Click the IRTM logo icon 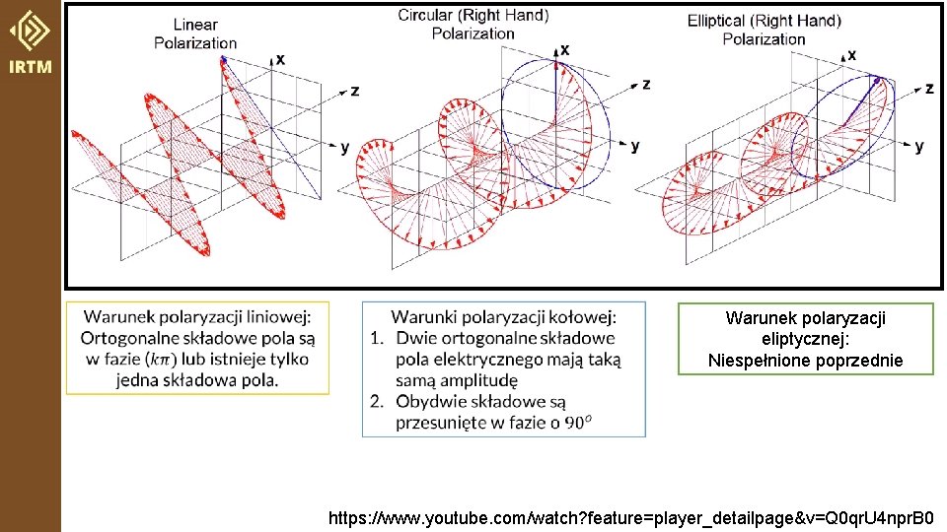30,31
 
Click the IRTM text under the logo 31,66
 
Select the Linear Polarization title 195,33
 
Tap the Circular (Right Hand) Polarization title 473,24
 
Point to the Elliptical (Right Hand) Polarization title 764,30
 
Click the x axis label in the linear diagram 280,60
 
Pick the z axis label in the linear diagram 355,91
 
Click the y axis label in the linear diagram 344,147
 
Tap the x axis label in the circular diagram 564,50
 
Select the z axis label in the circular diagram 646,85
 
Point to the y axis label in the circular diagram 634,146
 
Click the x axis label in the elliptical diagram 851,55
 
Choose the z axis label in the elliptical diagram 929,89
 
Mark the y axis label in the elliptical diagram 919,146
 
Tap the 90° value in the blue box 577,423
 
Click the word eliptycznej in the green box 806,339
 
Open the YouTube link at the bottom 630,518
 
